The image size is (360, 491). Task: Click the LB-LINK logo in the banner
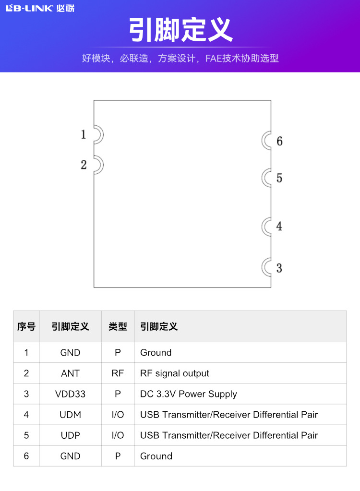(40, 8)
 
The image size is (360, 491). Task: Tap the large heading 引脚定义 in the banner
(180, 30)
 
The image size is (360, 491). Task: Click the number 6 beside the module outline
(279, 141)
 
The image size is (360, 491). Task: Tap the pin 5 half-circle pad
(267, 178)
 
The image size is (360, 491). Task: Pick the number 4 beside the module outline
(279, 226)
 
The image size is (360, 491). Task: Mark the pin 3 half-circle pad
(267, 267)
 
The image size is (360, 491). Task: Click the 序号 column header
(26, 327)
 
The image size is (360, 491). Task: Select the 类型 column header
(118, 327)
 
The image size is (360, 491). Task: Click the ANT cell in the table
(70, 373)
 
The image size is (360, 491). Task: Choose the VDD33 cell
(70, 394)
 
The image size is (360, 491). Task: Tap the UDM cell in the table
(70, 415)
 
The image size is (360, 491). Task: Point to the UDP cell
(70, 435)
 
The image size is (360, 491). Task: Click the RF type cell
(118, 373)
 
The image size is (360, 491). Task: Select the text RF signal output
(175, 373)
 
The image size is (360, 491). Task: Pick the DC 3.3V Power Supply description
(189, 394)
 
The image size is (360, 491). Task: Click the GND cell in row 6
(70, 456)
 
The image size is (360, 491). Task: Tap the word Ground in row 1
(156, 353)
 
